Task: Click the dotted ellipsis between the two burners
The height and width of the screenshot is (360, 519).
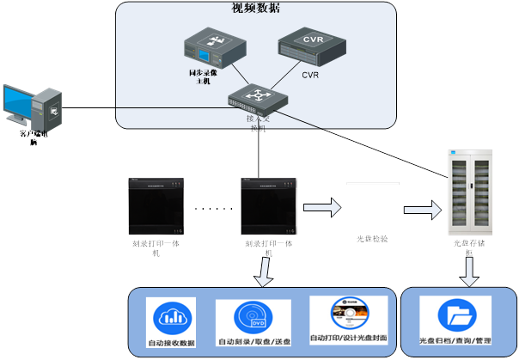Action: pos(213,209)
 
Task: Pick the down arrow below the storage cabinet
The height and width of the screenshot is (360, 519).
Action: pos(468,272)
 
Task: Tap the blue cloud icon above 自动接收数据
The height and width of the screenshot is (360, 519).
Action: pos(170,318)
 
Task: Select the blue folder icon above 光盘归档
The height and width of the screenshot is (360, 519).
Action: pos(455,315)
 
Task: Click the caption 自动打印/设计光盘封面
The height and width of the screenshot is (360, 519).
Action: pos(348,339)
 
